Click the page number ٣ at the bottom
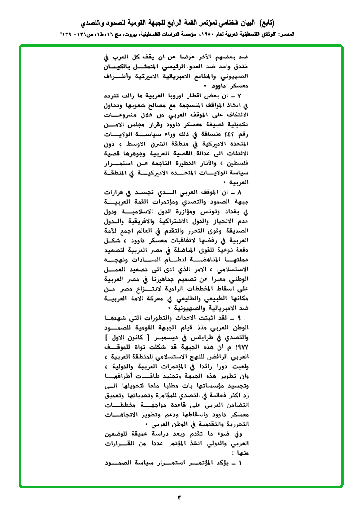pyautogui.click(x=180, y=498)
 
